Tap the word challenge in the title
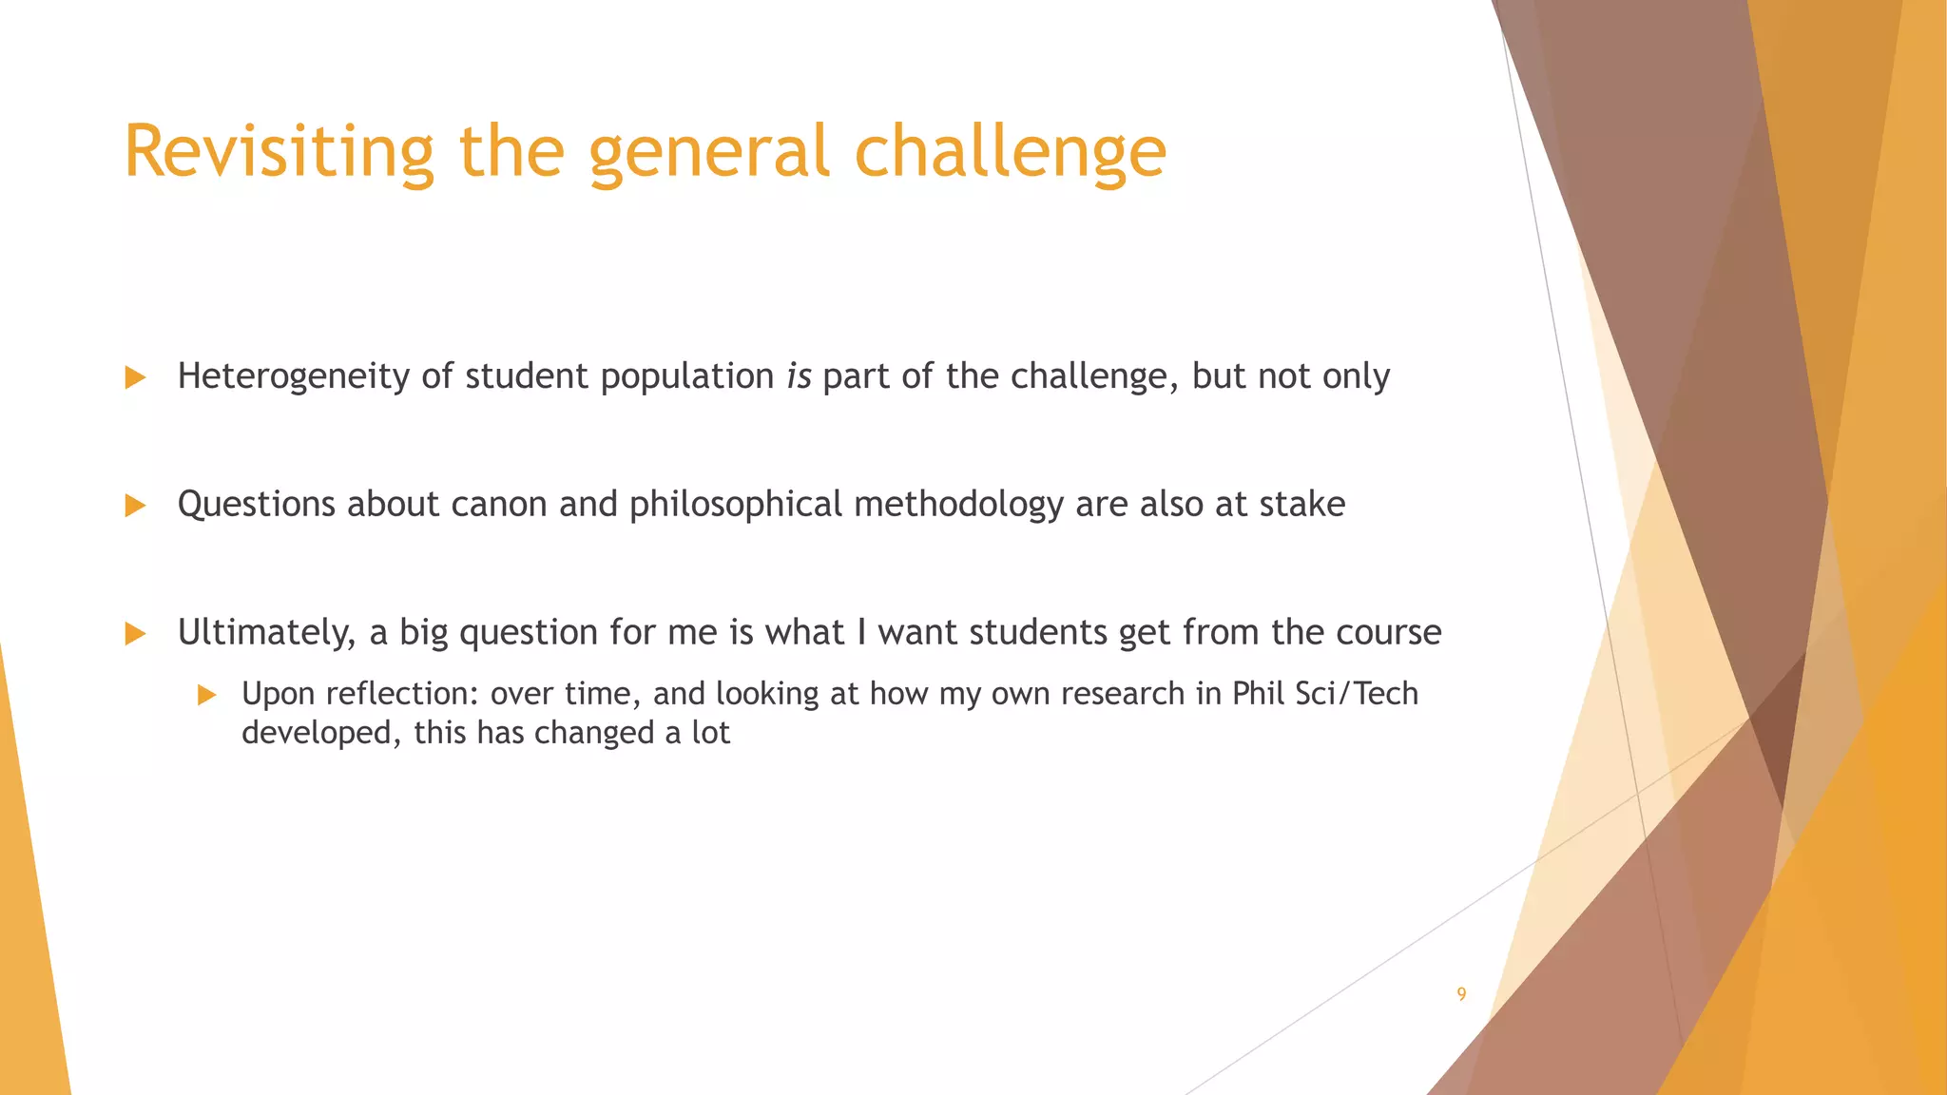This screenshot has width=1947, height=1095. [1010, 151]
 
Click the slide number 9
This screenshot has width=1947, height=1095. [1461, 994]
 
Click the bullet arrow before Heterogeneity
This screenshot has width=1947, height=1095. [135, 377]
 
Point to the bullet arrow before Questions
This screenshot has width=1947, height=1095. [135, 505]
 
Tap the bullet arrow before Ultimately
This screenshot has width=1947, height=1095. [135, 633]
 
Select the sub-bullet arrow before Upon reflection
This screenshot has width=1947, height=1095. [207, 695]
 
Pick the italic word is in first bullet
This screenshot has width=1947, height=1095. [799, 376]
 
